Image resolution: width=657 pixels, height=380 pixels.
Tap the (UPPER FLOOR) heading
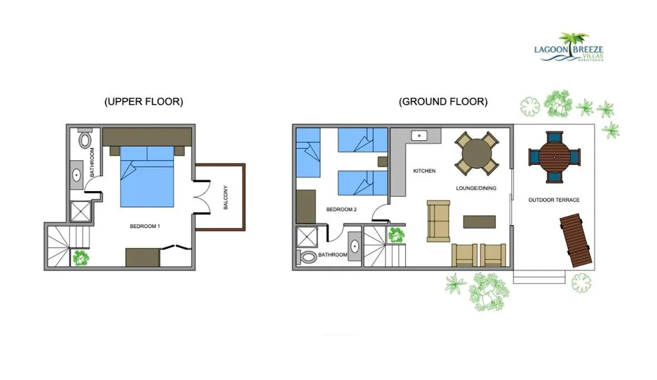[x=144, y=102]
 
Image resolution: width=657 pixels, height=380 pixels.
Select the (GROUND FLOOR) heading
[x=443, y=102]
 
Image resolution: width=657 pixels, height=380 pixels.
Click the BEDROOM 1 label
[x=145, y=226]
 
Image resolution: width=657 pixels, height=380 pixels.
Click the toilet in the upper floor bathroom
[x=85, y=139]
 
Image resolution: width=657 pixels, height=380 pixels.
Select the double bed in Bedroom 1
[x=147, y=175]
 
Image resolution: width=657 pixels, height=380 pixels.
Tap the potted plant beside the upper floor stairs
[x=81, y=258]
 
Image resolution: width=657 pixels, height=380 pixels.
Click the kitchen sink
[x=419, y=136]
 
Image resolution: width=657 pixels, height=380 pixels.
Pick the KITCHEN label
[x=424, y=171]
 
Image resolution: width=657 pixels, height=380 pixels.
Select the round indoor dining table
[x=477, y=153]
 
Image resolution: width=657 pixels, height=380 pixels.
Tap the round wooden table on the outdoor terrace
[x=554, y=157]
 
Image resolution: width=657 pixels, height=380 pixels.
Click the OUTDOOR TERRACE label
[x=554, y=200]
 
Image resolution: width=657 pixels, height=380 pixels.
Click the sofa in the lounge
[x=439, y=221]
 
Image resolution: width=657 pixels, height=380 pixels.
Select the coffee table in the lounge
[x=479, y=222]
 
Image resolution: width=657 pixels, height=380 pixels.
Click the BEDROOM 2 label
[x=341, y=210]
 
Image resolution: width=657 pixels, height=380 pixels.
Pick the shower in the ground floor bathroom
[x=307, y=237]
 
